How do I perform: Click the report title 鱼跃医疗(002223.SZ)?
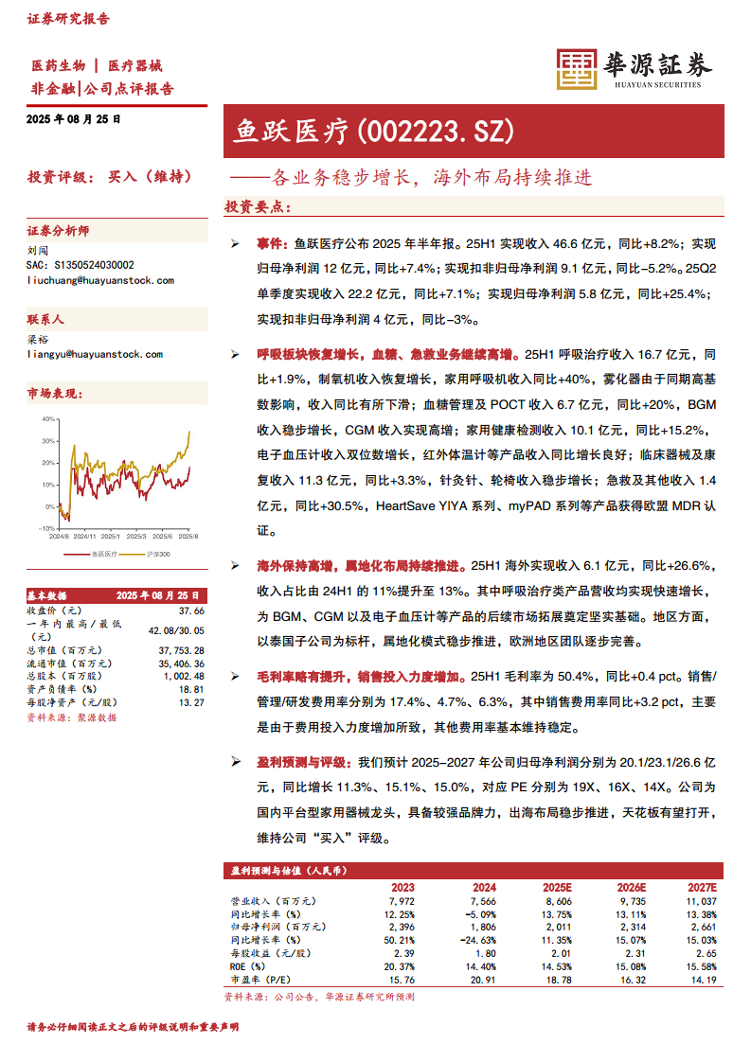pos(373,131)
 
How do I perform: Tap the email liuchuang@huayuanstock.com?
pos(100,280)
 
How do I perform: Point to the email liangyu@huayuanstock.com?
pos(96,354)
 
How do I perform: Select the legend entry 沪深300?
pos(157,554)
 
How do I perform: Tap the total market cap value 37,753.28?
pos(180,651)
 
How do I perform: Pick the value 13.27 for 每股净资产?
pos(191,702)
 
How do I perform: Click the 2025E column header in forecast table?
pos(557,888)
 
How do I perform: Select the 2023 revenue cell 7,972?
pos(402,902)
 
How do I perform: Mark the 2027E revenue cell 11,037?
pos(700,902)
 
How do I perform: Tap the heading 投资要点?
pos(258,206)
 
